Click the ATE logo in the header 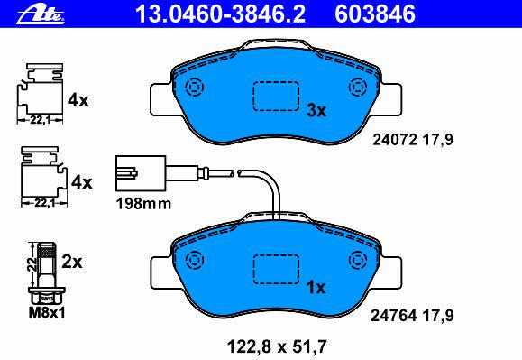pyautogui.click(x=41, y=14)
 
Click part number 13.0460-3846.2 pyautogui.click(x=220, y=14)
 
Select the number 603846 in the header pyautogui.click(x=375, y=14)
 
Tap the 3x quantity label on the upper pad pyautogui.click(x=316, y=110)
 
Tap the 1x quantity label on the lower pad pyautogui.click(x=316, y=287)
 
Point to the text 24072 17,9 pyautogui.click(x=413, y=140)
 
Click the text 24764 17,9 pyautogui.click(x=412, y=316)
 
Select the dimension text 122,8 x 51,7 pyautogui.click(x=277, y=346)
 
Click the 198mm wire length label pyautogui.click(x=143, y=204)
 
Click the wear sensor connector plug pyautogui.click(x=141, y=173)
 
